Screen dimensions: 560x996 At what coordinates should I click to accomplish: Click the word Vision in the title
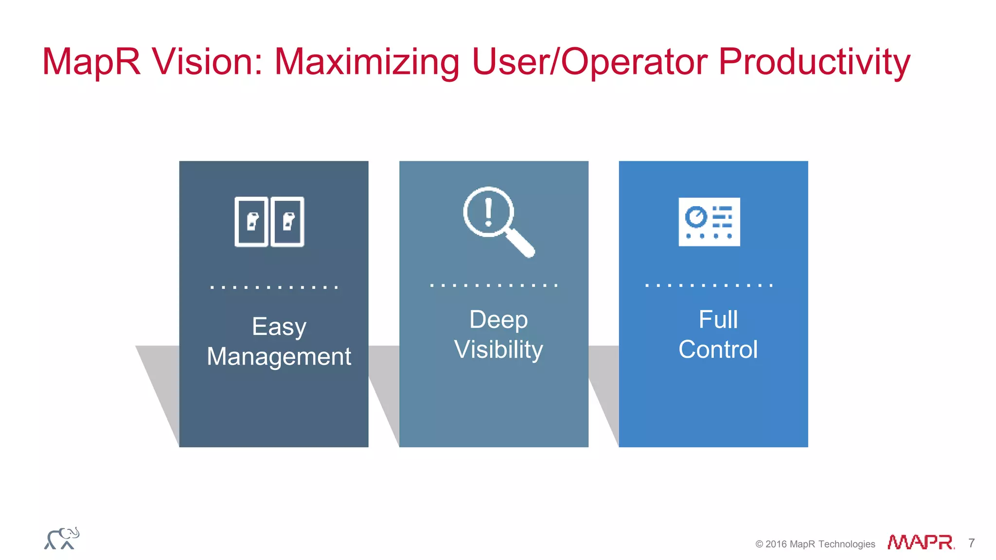207,62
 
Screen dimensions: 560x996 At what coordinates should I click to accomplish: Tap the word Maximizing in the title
367,62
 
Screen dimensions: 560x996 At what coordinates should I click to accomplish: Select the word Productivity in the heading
814,62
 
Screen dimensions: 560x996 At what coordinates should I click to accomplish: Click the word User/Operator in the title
589,62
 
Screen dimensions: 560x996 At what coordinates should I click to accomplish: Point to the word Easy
279,327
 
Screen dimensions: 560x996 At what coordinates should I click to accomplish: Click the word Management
279,356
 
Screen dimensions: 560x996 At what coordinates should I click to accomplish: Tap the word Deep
498,320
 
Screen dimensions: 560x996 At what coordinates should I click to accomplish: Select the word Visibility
498,350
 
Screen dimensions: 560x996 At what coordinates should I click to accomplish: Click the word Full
718,320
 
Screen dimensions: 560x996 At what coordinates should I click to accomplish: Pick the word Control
718,350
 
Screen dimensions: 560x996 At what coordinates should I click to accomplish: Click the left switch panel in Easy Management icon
251,222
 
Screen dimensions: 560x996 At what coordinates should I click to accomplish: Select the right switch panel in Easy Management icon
287,222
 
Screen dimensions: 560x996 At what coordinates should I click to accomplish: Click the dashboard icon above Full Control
709,222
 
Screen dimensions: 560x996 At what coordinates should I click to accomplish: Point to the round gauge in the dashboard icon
696,216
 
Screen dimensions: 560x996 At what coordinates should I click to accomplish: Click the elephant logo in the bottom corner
62,539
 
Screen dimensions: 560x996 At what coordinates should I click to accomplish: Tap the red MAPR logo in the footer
920,542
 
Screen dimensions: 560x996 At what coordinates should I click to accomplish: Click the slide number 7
971,543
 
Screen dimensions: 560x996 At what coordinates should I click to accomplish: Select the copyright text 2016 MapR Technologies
819,544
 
